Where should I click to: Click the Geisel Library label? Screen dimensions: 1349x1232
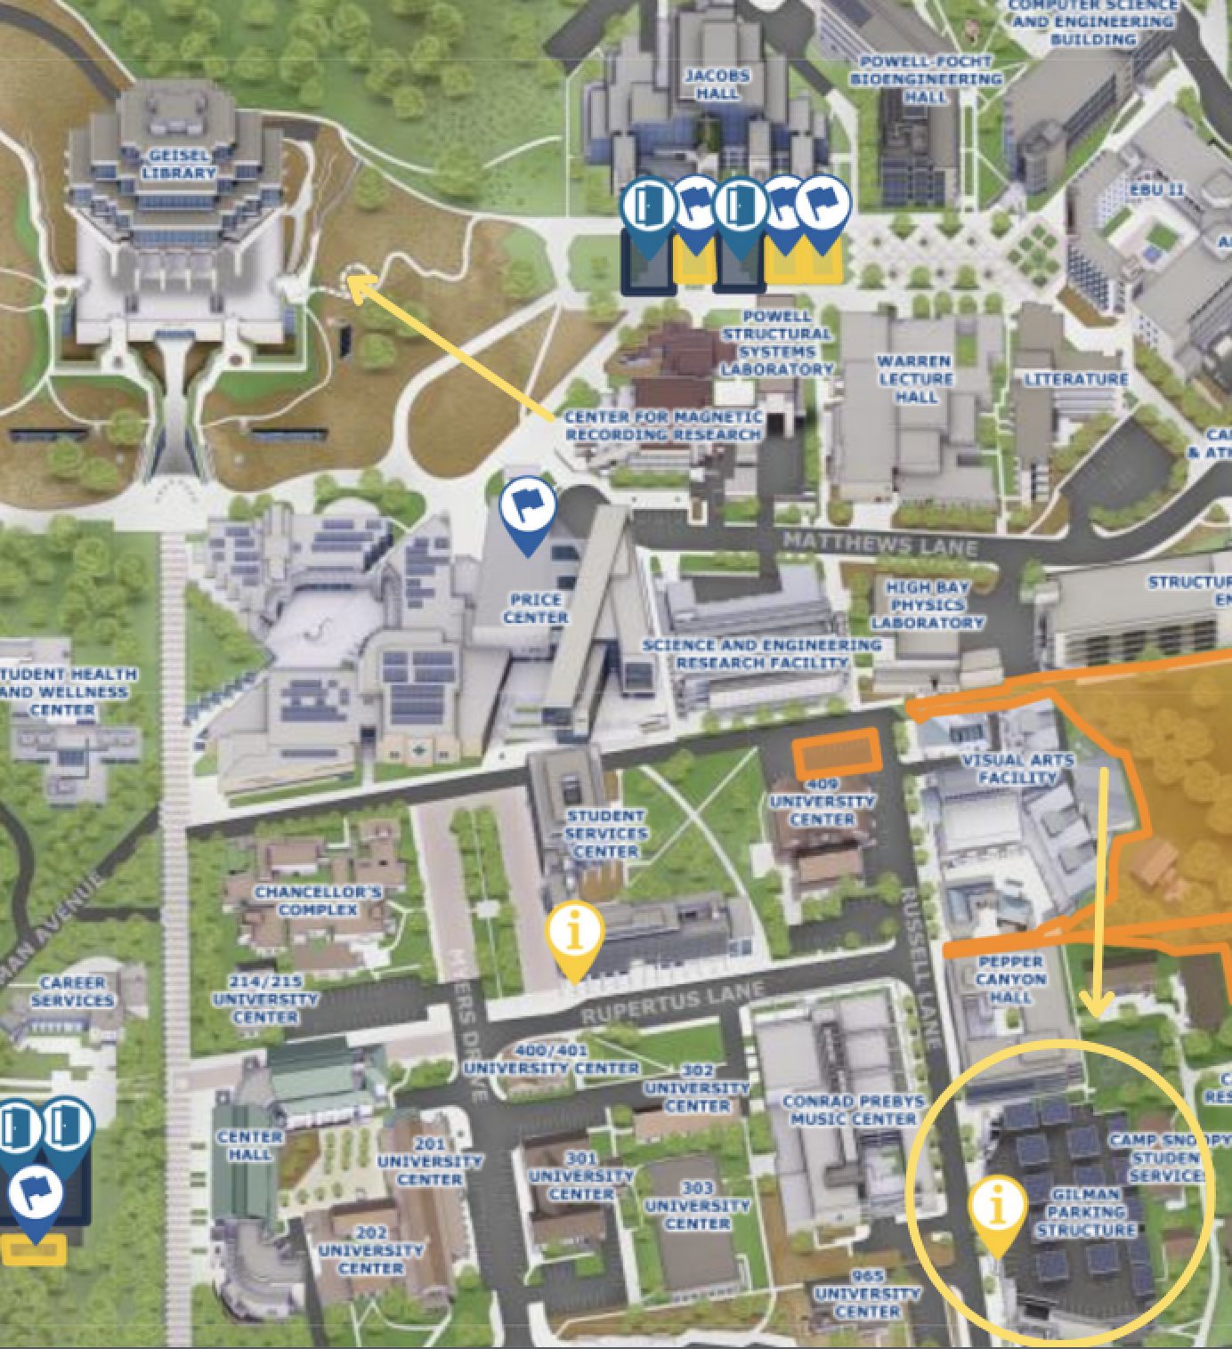tap(178, 164)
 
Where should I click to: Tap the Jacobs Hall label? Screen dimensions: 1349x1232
tap(717, 84)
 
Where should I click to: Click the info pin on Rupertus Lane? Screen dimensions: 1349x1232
tap(575, 934)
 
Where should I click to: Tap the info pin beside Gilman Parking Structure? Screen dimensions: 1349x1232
tap(998, 1209)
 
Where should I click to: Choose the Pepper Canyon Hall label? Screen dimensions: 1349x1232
tap(1009, 979)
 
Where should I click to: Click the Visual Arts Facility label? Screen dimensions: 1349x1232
tap(1017, 769)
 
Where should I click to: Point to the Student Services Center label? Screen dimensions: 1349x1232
tap(605, 833)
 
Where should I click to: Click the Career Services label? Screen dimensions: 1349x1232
tap(73, 991)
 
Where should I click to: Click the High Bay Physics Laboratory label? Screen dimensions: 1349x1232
tap(927, 605)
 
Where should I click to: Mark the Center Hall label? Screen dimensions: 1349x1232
tap(249, 1145)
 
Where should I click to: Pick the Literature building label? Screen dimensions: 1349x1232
tap(1075, 379)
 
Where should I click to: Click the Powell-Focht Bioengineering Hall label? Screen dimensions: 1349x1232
tap(926, 78)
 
